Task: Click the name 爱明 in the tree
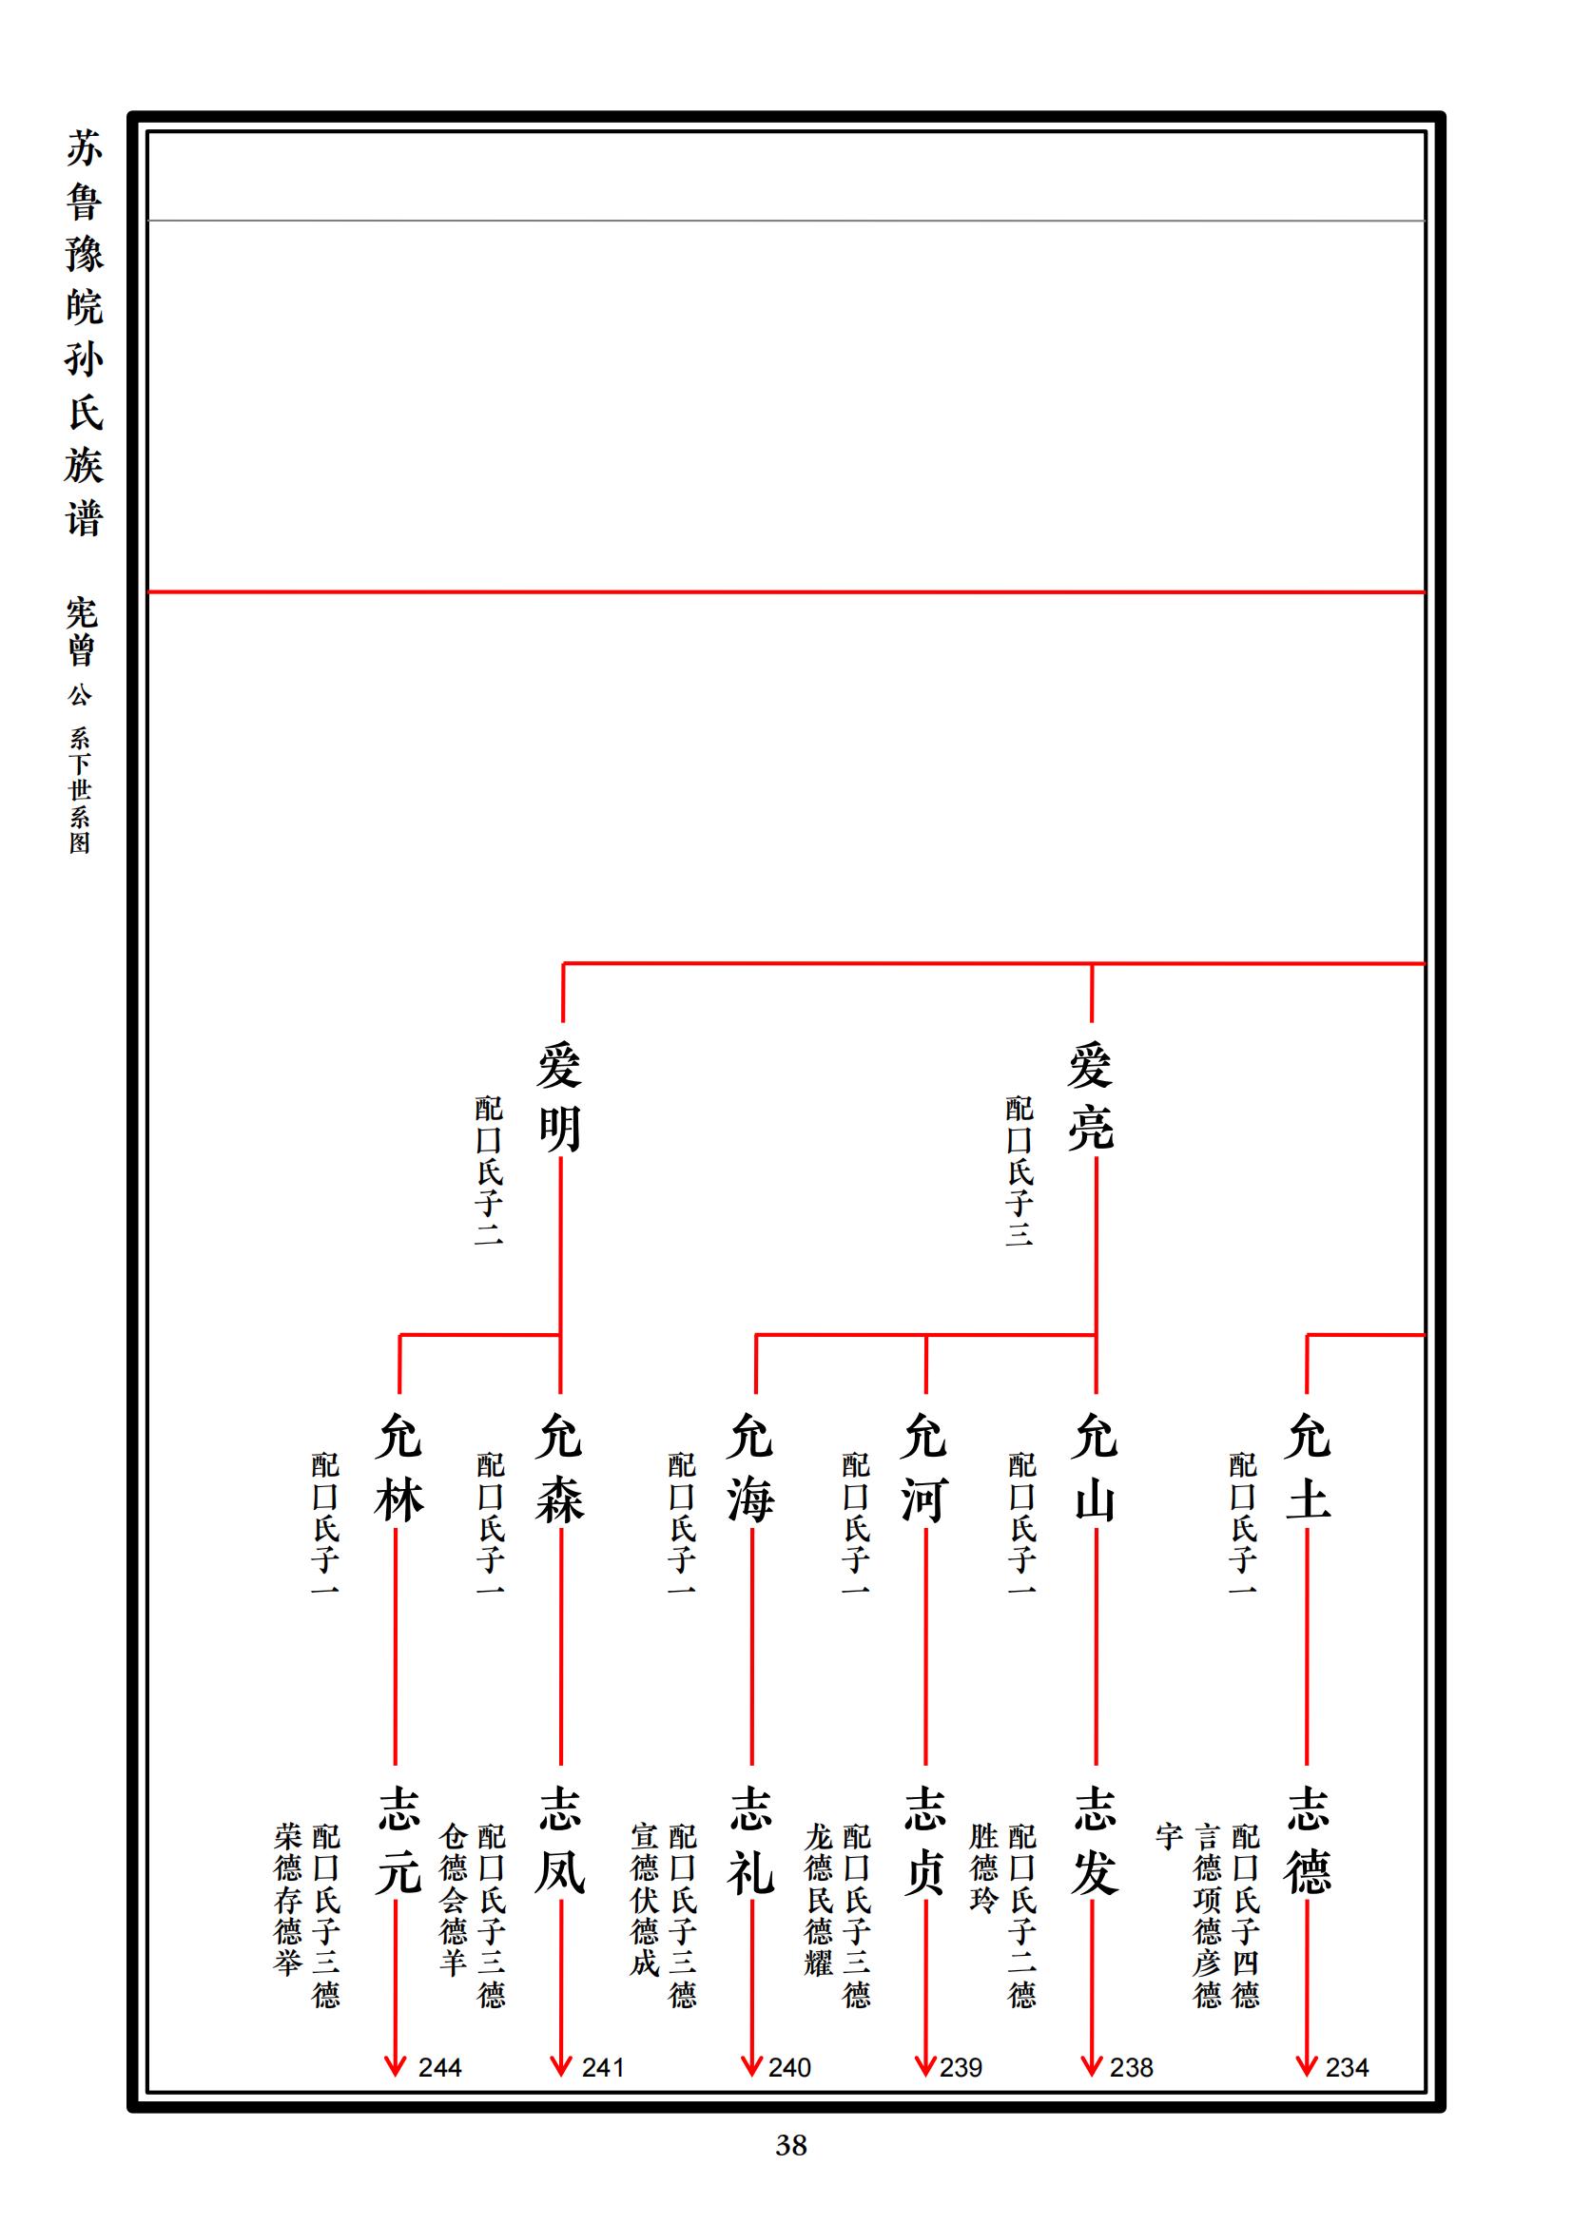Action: click(560, 1097)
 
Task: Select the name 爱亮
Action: click(1092, 1097)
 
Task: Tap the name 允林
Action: click(398, 1468)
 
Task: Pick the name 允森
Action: click(560, 1468)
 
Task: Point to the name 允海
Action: click(751, 1468)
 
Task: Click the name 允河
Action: click(924, 1468)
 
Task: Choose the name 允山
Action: click(1096, 1468)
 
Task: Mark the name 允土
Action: click(1308, 1468)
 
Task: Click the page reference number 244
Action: click(439, 2068)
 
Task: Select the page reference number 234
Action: click(1347, 2068)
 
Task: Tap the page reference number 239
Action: click(961, 2068)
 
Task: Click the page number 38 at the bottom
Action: click(790, 2145)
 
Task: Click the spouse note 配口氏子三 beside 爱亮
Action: click(1019, 1170)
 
